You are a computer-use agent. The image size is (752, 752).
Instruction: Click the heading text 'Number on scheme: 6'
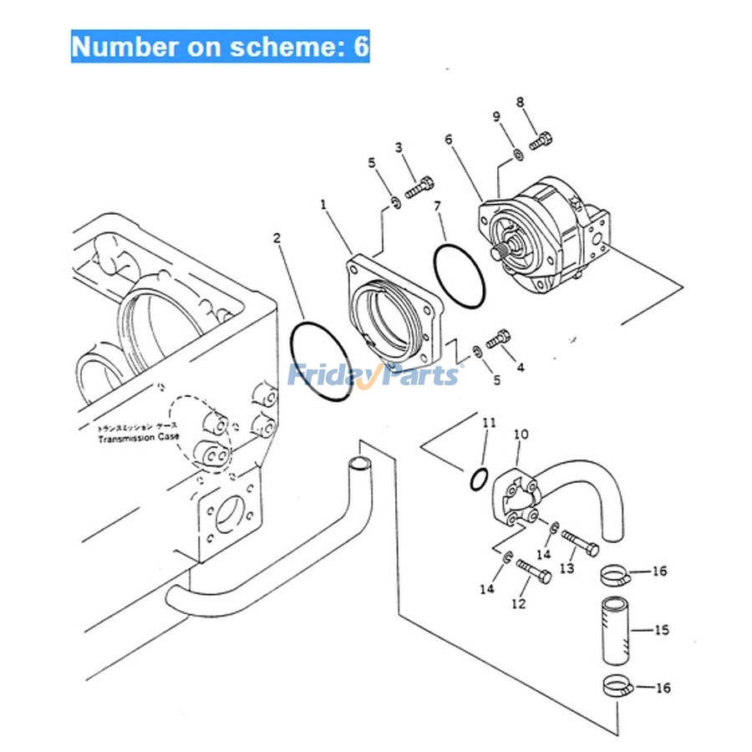pyautogui.click(x=220, y=47)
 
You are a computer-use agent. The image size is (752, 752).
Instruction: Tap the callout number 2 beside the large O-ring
pyautogui.click(x=277, y=238)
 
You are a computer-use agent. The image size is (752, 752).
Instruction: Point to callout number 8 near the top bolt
pyautogui.click(x=520, y=103)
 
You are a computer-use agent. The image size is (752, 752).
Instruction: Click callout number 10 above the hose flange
pyautogui.click(x=521, y=434)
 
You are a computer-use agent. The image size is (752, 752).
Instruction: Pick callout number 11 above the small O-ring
pyautogui.click(x=489, y=423)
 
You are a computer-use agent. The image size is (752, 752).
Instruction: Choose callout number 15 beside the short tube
pyautogui.click(x=662, y=630)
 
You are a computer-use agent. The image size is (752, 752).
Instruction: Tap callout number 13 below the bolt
pyautogui.click(x=567, y=568)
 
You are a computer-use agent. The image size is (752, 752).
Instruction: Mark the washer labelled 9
pyautogui.click(x=519, y=153)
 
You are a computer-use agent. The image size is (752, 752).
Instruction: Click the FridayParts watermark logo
pyautogui.click(x=373, y=374)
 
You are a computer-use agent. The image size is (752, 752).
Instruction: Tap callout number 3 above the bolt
pyautogui.click(x=399, y=148)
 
